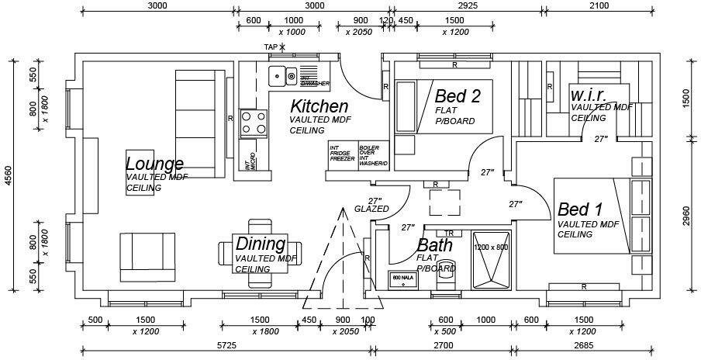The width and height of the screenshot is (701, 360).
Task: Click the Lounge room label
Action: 154,164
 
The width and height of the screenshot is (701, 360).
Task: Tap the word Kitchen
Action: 319,106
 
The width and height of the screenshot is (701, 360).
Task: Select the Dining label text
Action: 261,244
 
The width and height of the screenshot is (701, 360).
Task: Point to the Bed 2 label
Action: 458,96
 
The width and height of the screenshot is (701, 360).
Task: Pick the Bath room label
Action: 435,245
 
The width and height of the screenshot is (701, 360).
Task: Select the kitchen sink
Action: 282,76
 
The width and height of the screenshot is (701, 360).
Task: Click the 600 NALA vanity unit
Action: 402,280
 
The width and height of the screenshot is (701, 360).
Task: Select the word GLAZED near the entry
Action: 371,209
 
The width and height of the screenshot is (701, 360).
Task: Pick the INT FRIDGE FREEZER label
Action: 342,153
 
